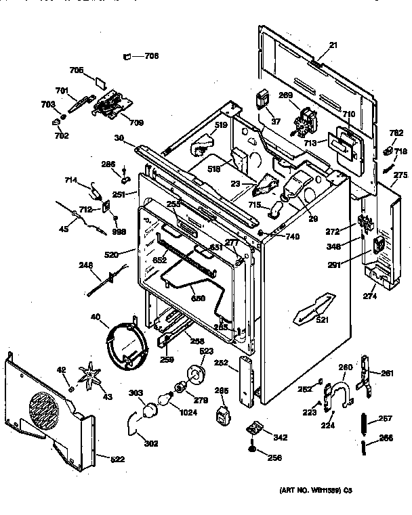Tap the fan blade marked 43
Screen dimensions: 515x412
(x=89, y=374)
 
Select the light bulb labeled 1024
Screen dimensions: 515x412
(x=165, y=401)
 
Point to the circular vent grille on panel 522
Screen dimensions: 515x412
(x=48, y=411)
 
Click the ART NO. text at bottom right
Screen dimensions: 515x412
(x=314, y=489)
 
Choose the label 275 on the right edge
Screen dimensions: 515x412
(x=400, y=176)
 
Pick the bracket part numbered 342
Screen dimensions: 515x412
(x=254, y=428)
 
